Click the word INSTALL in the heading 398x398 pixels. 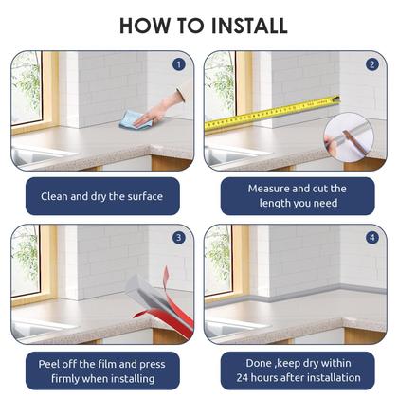pos(249,26)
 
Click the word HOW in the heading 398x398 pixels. pos(145,26)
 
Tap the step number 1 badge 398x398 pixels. pos(179,64)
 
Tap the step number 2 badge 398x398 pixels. pos(372,64)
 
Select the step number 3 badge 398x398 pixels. pos(179,238)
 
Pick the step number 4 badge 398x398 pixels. pos(372,238)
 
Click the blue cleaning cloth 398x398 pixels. pos(135,120)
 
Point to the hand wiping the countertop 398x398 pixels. pos(161,108)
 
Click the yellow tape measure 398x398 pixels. pos(272,113)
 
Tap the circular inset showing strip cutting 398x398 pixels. pos(349,138)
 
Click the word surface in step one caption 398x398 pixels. pos(145,196)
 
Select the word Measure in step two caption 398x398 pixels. pos(268,189)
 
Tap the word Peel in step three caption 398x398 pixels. pos(48,364)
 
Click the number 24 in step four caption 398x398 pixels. pos(244,377)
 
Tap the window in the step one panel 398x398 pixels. pos(27,88)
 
